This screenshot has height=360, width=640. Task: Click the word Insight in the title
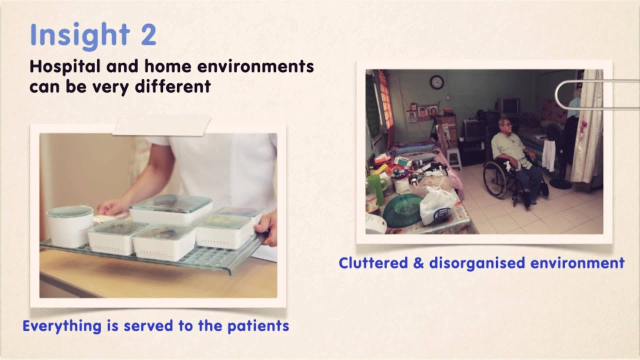[x=80, y=35]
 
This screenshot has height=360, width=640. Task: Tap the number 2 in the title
[x=148, y=34]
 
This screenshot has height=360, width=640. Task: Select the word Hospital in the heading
[x=65, y=67]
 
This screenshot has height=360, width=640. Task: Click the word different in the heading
[x=173, y=86]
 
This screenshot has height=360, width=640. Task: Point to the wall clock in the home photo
[x=437, y=82]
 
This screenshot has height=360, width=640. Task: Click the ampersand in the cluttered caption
[x=418, y=263]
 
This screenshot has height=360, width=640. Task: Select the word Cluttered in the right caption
[x=373, y=263]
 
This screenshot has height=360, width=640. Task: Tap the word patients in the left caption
[x=258, y=326]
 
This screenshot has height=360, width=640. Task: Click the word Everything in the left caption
[x=62, y=326]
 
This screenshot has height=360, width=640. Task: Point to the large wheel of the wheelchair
[x=497, y=180]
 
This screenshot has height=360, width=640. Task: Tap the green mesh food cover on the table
[x=402, y=209]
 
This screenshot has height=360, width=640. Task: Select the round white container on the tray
[x=70, y=226]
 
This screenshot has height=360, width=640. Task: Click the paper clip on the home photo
[x=597, y=94]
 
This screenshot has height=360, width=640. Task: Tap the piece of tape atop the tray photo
[x=161, y=125]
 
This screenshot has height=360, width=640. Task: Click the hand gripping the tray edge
[x=266, y=228]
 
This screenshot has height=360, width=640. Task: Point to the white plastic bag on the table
[x=437, y=205]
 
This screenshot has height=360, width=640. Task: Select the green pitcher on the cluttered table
[x=376, y=189]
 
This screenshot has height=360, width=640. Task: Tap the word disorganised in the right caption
[x=477, y=263]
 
